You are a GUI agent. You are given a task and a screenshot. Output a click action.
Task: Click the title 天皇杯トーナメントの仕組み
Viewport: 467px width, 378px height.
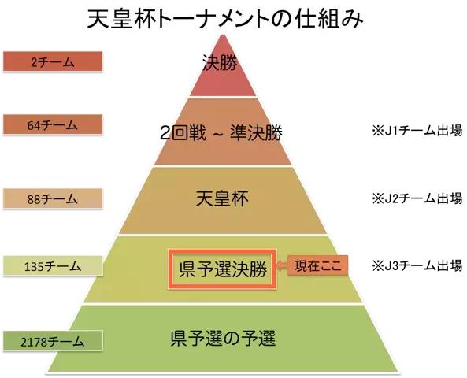(225, 20)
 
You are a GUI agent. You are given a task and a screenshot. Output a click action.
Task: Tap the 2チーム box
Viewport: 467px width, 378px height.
(53, 61)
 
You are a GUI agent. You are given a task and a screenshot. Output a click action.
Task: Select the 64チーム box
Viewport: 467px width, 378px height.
(53, 124)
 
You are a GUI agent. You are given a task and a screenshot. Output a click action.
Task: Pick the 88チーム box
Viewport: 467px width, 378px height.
(53, 198)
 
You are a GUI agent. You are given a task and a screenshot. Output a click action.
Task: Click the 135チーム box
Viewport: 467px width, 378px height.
(53, 265)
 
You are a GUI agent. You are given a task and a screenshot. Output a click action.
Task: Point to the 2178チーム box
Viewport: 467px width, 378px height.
(53, 341)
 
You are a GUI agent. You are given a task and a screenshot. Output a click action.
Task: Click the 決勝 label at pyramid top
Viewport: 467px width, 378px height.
(220, 63)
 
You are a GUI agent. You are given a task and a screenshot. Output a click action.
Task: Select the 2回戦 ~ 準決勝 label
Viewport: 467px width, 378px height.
(221, 133)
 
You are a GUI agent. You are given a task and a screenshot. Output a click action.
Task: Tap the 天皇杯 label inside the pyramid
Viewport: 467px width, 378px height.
(222, 198)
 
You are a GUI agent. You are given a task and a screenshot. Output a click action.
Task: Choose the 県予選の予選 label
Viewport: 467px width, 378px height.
(224, 338)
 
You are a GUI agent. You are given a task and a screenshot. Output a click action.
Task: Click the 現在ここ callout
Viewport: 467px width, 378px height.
(318, 265)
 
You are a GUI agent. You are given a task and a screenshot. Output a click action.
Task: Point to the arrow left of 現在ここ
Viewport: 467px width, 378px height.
(281, 265)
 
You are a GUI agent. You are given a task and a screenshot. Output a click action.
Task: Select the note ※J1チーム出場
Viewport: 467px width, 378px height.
(417, 131)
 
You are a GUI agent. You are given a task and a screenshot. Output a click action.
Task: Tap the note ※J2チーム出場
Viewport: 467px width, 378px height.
(417, 198)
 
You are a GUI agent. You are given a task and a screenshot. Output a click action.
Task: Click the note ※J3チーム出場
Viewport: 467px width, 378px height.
(417, 265)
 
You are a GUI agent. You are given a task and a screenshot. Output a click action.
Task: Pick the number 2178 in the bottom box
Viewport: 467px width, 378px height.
(34, 342)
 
